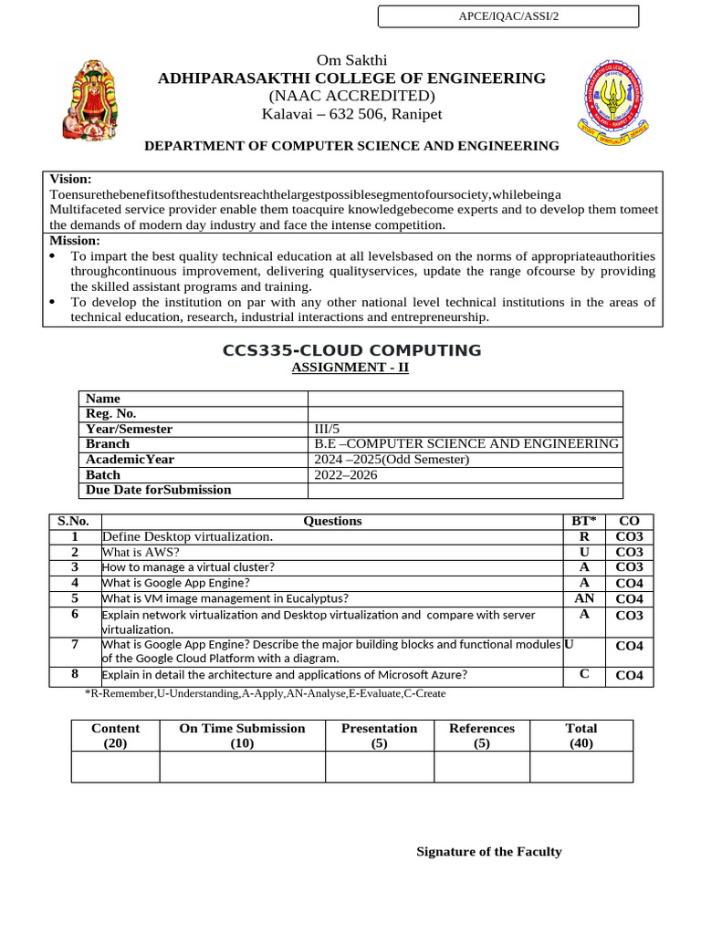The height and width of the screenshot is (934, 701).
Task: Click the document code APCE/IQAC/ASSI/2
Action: (x=508, y=17)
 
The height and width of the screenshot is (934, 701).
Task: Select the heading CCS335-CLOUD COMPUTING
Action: (x=352, y=350)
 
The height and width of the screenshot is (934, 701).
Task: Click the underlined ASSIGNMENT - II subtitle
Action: (x=350, y=368)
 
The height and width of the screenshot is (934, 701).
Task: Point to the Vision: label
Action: (x=70, y=180)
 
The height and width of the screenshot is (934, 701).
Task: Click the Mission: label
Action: (x=75, y=241)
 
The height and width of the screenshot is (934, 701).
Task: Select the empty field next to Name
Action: (x=465, y=399)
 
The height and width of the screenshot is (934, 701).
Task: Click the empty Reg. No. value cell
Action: (x=465, y=414)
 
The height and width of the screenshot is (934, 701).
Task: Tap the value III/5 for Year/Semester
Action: (x=327, y=429)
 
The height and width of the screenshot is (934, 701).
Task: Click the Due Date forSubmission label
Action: (x=158, y=490)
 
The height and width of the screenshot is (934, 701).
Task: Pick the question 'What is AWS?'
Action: (x=141, y=552)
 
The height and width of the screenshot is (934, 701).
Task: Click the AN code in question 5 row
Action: (x=584, y=599)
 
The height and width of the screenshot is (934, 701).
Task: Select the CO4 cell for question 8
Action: (x=629, y=676)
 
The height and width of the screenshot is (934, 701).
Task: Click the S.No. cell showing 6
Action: (x=74, y=615)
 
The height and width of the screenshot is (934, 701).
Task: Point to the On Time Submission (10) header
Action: (x=242, y=735)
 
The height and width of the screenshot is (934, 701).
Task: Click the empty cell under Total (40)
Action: (x=581, y=767)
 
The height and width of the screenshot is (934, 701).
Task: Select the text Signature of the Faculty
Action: (x=488, y=852)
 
